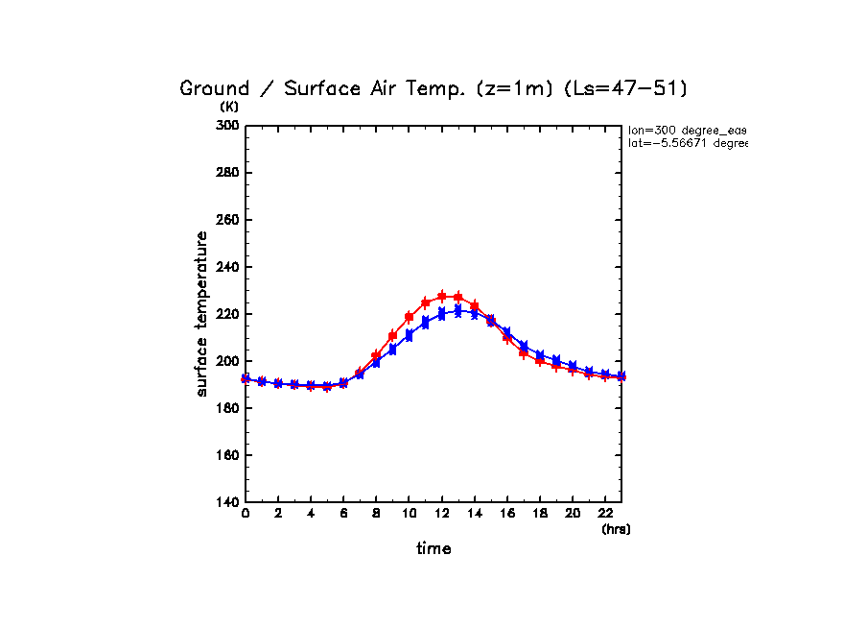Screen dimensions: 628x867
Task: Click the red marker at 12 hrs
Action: click(442, 296)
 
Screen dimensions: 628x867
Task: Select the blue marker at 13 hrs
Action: click(458, 310)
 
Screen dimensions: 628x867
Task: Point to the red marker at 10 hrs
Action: click(410, 317)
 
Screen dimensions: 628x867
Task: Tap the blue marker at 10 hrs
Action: click(410, 335)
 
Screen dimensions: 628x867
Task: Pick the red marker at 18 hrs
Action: click(540, 361)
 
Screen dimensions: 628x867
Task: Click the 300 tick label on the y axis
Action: click(228, 126)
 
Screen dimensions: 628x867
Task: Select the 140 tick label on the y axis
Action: click(228, 502)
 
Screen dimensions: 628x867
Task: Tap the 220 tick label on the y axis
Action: click(228, 314)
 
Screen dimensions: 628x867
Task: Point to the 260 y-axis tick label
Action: click(228, 220)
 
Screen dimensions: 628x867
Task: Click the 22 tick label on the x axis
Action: click(605, 514)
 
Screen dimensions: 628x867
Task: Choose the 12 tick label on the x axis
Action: click(442, 514)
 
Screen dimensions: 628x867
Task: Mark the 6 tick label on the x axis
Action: click(343, 514)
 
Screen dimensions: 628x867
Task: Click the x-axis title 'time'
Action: click(433, 549)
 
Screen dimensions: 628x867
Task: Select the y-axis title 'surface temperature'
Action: click(202, 314)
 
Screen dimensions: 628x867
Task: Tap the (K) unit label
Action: click(229, 108)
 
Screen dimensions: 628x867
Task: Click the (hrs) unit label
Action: click(616, 529)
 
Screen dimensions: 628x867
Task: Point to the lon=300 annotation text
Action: click(687, 130)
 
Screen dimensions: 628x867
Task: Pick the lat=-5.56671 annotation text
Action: click(687, 143)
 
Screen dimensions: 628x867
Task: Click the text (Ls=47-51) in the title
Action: click(624, 89)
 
